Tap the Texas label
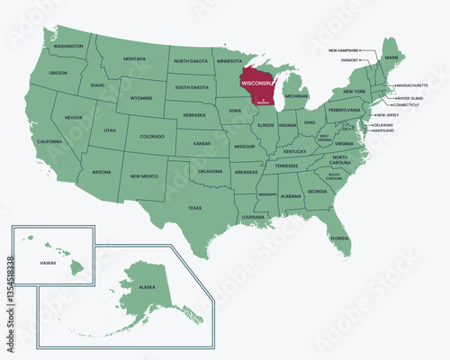point(195,207)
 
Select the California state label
point(48,141)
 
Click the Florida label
point(338,238)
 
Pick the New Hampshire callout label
point(345,50)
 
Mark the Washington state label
point(68,45)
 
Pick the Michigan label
point(296,94)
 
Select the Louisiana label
point(253,217)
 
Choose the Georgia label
point(317,191)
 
